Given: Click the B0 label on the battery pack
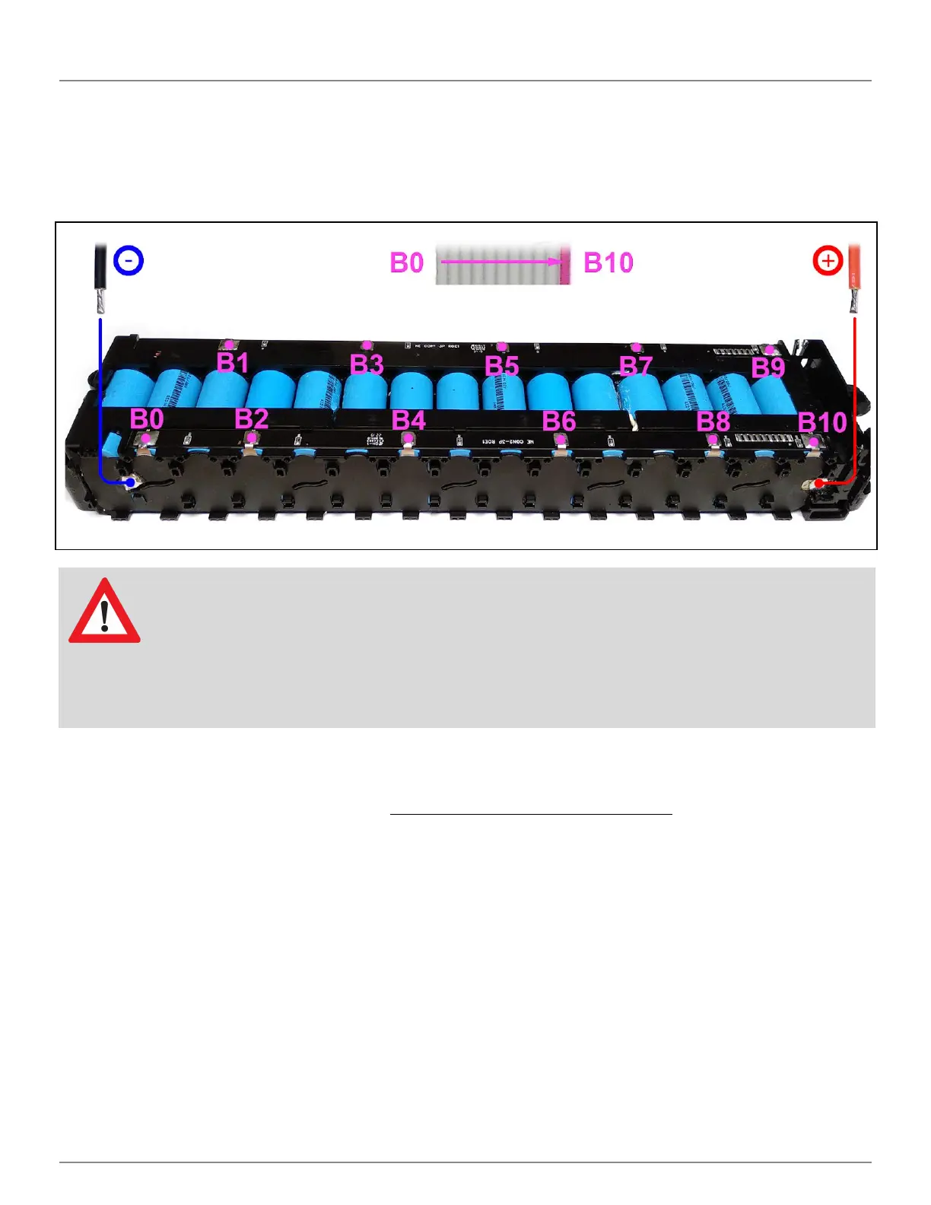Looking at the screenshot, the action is [147, 419].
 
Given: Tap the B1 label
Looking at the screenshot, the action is [233, 363].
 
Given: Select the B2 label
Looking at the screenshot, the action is [252, 419].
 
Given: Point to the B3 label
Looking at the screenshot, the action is [367, 364].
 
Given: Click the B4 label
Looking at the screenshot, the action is [408, 420].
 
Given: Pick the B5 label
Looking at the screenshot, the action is [502, 366].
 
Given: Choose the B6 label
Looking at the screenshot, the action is [559, 421].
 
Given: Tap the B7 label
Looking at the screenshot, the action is [636, 367].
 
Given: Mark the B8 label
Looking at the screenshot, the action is [713, 421].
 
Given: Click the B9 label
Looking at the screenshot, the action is [768, 367].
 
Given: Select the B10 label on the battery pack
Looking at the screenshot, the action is [822, 422].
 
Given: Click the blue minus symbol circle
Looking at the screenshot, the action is [129, 261].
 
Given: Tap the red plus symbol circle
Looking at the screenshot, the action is [828, 262].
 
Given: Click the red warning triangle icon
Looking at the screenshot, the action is [104, 613].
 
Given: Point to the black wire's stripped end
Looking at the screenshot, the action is [100, 300].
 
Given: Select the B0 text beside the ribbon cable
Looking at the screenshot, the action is [406, 262].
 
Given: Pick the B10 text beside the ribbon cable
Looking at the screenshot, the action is [608, 262].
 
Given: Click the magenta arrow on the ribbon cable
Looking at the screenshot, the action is [503, 262].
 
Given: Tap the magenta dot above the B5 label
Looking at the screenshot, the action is [502, 348].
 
